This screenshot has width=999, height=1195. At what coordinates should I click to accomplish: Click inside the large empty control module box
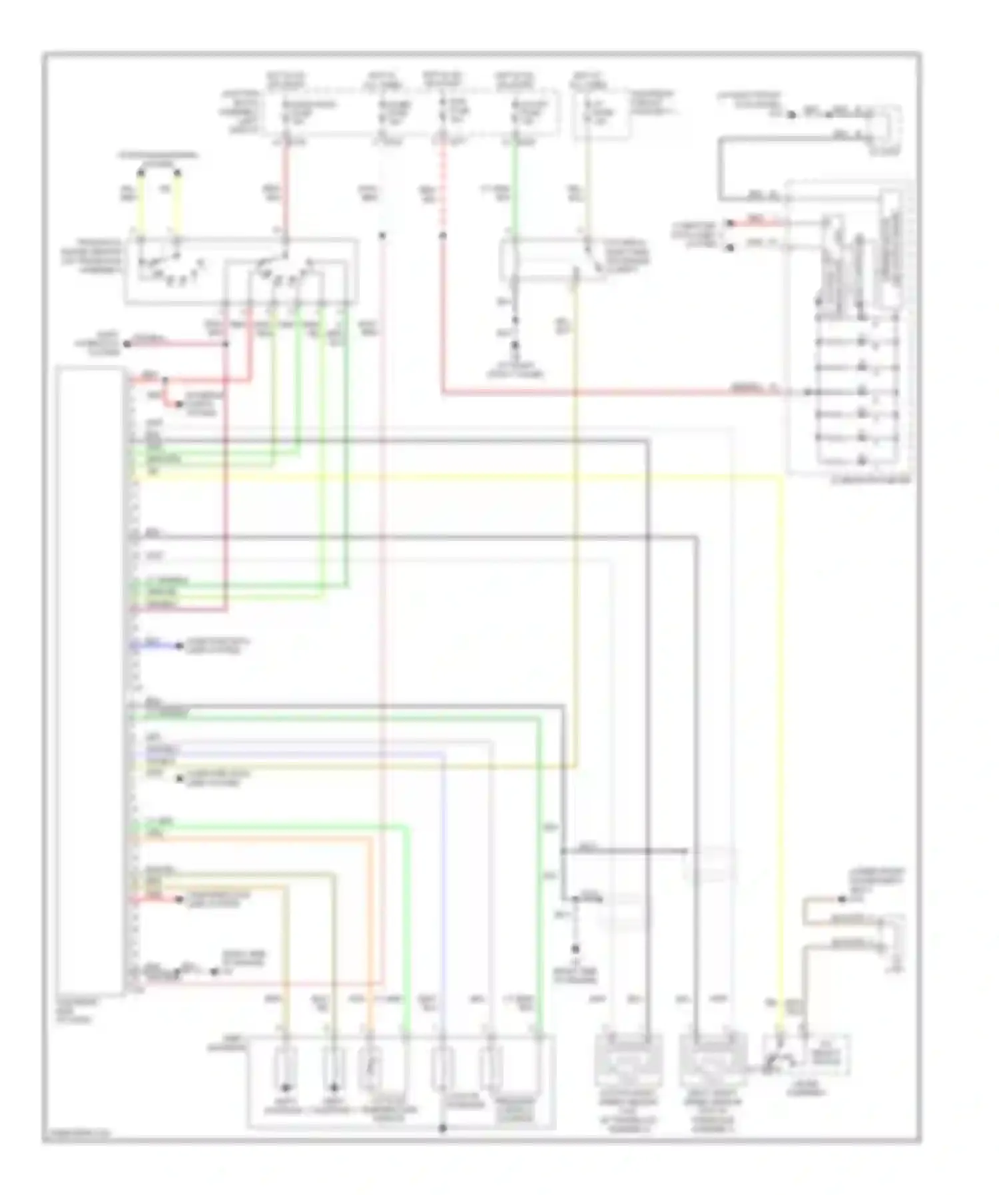point(90,666)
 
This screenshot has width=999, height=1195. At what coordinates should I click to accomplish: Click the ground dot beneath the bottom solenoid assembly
point(442,1128)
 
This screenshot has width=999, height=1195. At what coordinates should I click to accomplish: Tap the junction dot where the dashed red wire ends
point(442,235)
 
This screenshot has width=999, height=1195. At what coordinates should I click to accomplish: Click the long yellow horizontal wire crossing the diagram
point(466,476)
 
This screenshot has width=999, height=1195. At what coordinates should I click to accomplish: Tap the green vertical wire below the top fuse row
point(514,193)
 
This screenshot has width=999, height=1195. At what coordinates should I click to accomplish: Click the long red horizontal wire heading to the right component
point(599,393)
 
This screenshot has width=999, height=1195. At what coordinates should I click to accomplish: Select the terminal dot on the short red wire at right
point(730,223)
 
